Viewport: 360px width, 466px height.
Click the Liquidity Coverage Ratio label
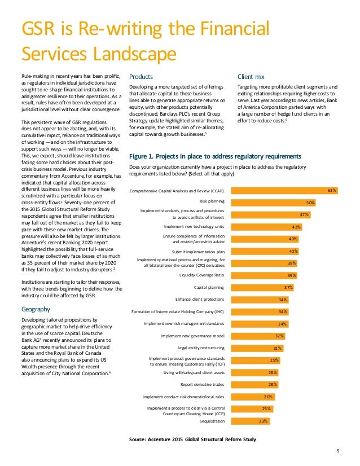pyautogui.click(x=201, y=275)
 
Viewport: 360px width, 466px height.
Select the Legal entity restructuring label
pyautogui.click(x=201, y=348)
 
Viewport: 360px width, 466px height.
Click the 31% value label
pyautogui.click(x=278, y=348)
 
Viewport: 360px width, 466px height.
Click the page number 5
pyautogui.click(x=337, y=450)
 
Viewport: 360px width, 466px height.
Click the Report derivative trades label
pyautogui.click(x=202, y=384)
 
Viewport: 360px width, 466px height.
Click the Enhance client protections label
pyautogui.click(x=200, y=300)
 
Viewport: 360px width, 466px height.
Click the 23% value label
pyautogui.click(x=263, y=421)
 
